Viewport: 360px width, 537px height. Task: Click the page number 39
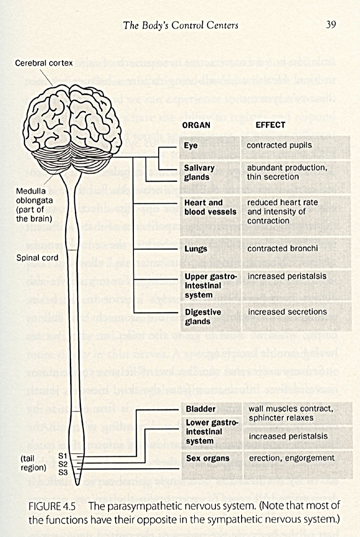(x=331, y=25)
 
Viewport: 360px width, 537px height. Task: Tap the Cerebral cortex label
(x=44, y=63)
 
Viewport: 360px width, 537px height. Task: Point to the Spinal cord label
(x=37, y=257)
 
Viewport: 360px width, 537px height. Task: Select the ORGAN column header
(x=196, y=125)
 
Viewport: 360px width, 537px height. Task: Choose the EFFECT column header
(x=270, y=125)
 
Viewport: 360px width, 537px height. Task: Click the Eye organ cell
(x=191, y=146)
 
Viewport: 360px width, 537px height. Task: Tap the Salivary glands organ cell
(x=199, y=172)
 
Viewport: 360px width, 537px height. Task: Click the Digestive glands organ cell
(x=203, y=316)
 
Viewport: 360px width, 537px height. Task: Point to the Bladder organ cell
(x=201, y=409)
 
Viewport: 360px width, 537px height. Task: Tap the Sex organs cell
(x=206, y=458)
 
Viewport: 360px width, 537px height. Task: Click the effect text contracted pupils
(x=279, y=145)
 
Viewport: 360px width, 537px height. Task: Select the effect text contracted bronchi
(x=282, y=249)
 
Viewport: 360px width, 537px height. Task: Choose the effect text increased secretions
(x=287, y=311)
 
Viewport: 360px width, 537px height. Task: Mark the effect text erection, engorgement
(x=292, y=458)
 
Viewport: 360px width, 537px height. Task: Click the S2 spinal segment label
(x=63, y=463)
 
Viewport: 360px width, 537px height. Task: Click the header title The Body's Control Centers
(x=181, y=25)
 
